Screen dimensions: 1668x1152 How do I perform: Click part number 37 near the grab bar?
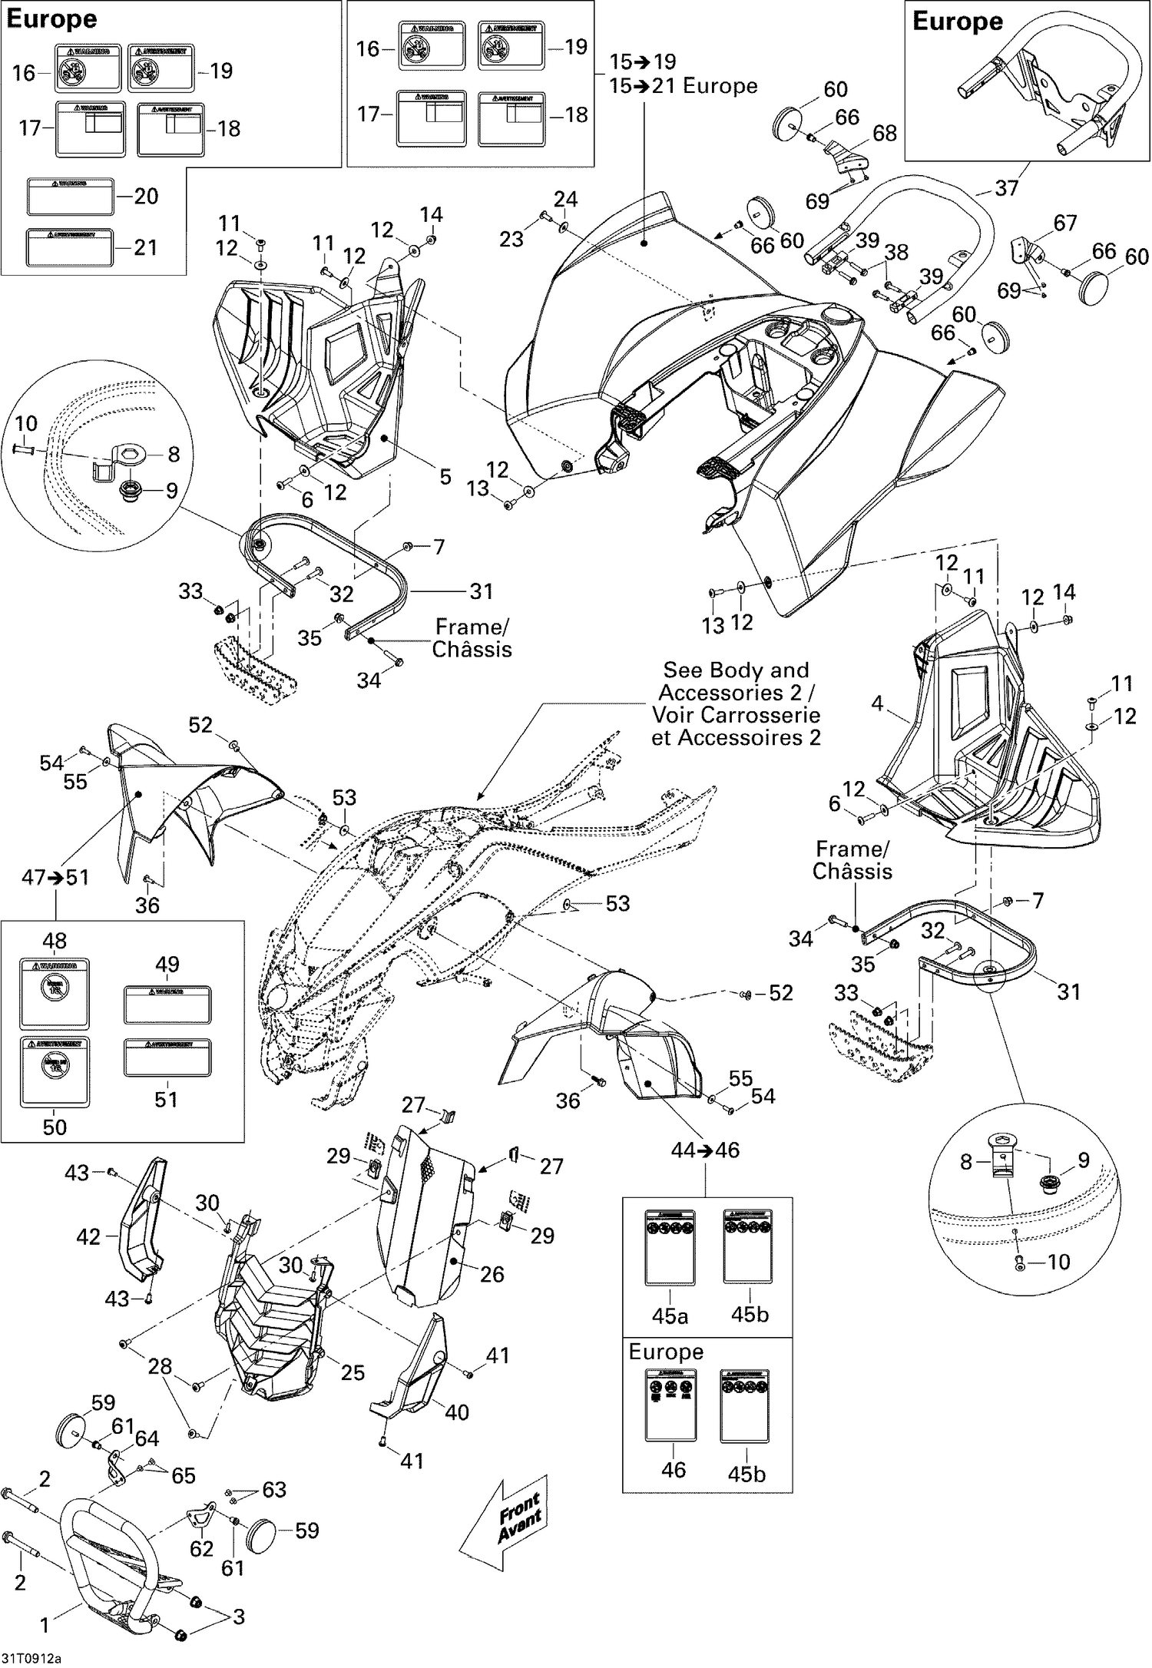[x=1006, y=187]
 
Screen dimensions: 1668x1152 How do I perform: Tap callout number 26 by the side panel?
[x=492, y=1275]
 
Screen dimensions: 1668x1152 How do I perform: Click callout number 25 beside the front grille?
[x=353, y=1372]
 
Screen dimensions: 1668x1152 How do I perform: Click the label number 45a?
[x=670, y=1316]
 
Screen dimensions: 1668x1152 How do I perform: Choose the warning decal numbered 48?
[x=55, y=993]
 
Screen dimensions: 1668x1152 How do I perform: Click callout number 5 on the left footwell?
[x=445, y=477]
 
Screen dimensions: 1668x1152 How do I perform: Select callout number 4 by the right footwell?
[x=877, y=703]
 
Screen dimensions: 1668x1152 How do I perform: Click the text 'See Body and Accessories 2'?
[x=736, y=681]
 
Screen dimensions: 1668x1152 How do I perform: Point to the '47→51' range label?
[x=55, y=877]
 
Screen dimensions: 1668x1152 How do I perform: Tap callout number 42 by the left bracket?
[x=88, y=1237]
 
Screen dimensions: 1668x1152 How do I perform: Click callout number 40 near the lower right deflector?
[x=456, y=1412]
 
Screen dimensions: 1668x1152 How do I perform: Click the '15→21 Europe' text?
[x=683, y=86]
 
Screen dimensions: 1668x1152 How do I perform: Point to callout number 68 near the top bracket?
[x=885, y=133]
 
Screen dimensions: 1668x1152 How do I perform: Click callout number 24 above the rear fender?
[x=566, y=200]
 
